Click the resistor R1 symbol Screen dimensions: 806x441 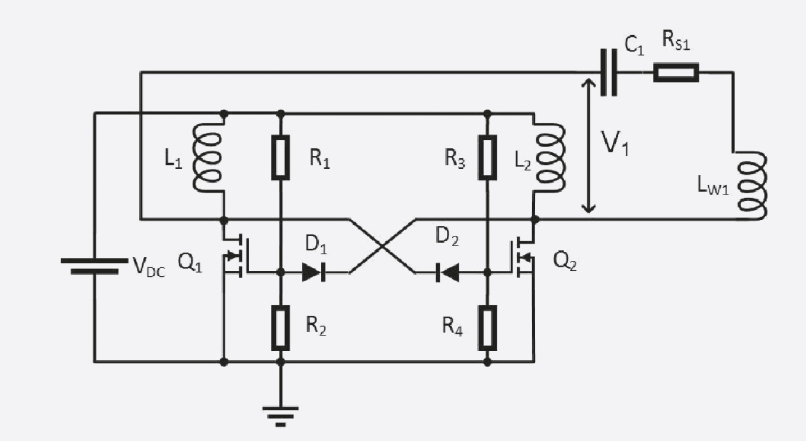click(x=280, y=157)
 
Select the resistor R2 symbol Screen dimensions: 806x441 click(x=280, y=328)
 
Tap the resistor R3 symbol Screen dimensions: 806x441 click(x=487, y=157)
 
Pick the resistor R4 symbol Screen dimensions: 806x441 click(x=487, y=328)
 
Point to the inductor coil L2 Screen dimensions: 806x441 click(x=550, y=158)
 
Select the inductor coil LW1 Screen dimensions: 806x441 click(x=751, y=185)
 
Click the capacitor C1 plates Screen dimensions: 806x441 click(x=609, y=72)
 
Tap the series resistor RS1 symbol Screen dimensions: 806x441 click(x=676, y=72)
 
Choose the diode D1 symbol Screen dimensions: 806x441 click(x=314, y=272)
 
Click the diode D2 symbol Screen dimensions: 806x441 click(x=447, y=272)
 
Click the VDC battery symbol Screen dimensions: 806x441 click(x=95, y=266)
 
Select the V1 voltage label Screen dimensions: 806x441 click(x=616, y=143)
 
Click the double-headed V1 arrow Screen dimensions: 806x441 click(x=588, y=146)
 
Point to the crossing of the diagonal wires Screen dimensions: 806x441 click(x=382, y=245)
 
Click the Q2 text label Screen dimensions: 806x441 click(x=565, y=261)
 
